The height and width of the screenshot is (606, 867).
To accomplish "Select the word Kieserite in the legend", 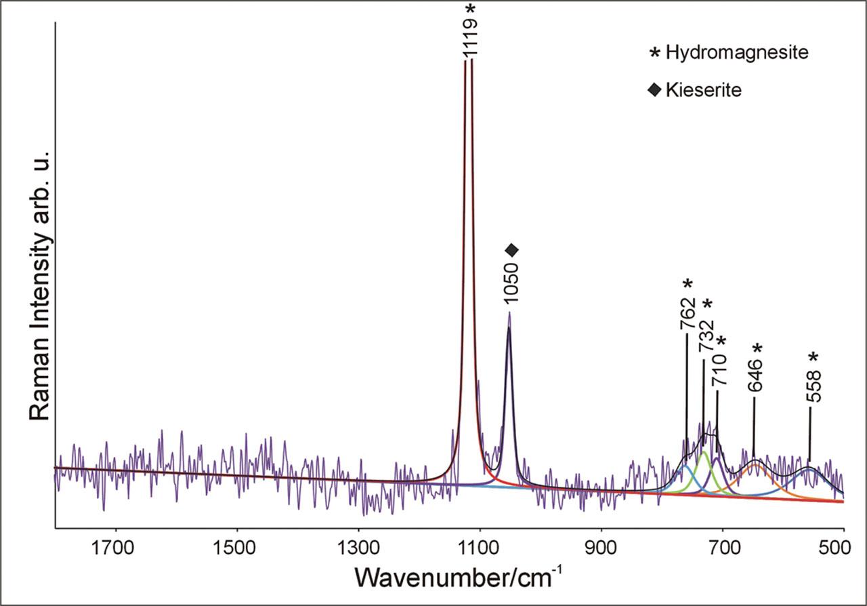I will (704, 90).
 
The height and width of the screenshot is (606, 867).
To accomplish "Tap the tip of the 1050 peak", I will (509, 312).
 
